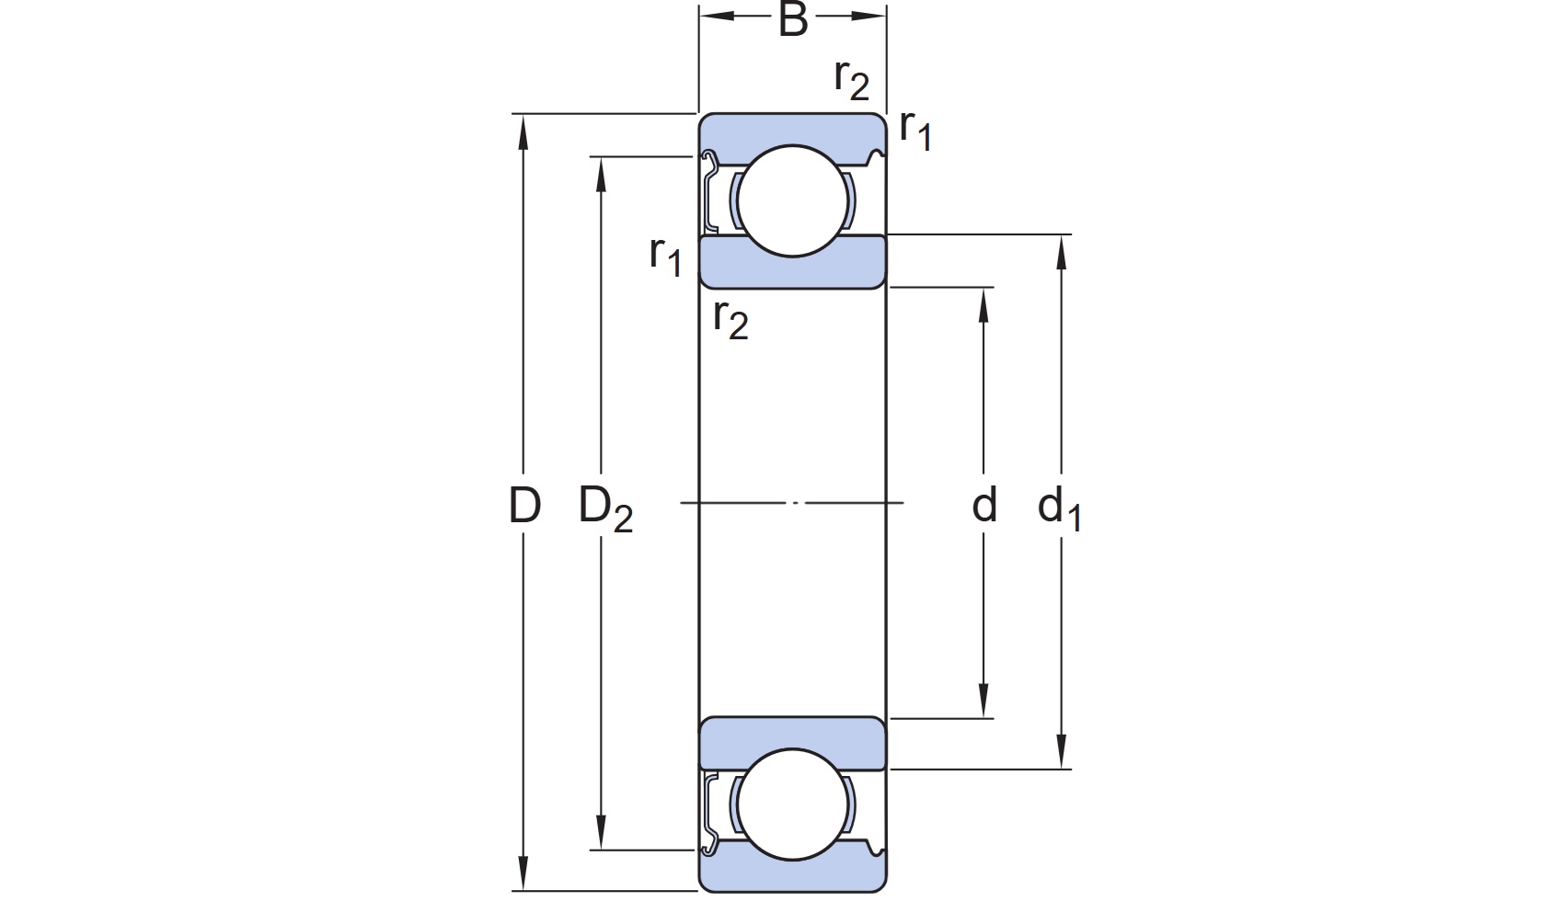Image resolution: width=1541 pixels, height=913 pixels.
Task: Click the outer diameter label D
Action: [x=524, y=505]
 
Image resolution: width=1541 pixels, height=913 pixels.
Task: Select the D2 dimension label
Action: [x=604, y=508]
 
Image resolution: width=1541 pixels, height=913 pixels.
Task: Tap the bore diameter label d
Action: [x=983, y=505]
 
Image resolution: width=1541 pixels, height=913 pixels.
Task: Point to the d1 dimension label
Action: [x=1059, y=508]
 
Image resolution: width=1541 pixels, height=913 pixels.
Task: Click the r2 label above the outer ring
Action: [x=851, y=79]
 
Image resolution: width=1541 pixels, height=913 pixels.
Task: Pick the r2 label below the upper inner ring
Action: [x=730, y=320]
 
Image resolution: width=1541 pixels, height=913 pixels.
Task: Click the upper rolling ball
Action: [x=793, y=200]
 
